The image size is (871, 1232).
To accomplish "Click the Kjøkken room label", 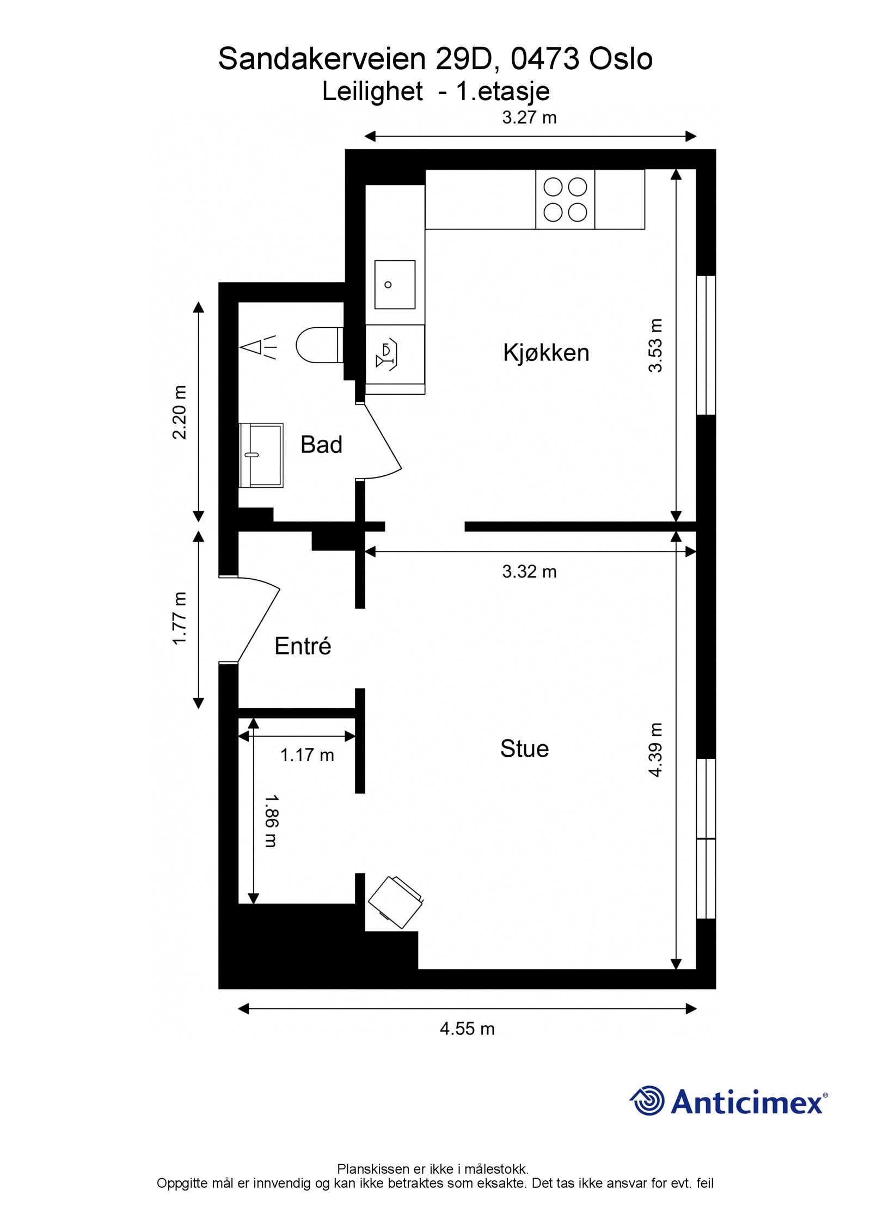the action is (x=546, y=353).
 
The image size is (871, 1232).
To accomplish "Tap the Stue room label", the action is (x=524, y=749).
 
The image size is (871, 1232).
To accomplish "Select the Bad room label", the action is (x=321, y=445).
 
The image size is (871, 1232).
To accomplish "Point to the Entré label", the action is (x=303, y=646).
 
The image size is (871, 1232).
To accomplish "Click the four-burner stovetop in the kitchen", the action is (x=565, y=199).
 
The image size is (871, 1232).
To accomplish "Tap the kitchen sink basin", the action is (x=395, y=285).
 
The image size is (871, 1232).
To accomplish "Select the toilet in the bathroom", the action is (x=320, y=345).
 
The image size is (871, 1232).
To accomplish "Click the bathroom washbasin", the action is (x=261, y=455).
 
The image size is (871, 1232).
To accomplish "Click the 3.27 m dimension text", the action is (x=529, y=118).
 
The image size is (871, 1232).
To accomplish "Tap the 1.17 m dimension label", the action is (x=307, y=755).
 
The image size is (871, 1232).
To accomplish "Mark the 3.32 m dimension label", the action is (x=529, y=572).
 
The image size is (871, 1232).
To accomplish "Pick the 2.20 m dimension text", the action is (x=180, y=412).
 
